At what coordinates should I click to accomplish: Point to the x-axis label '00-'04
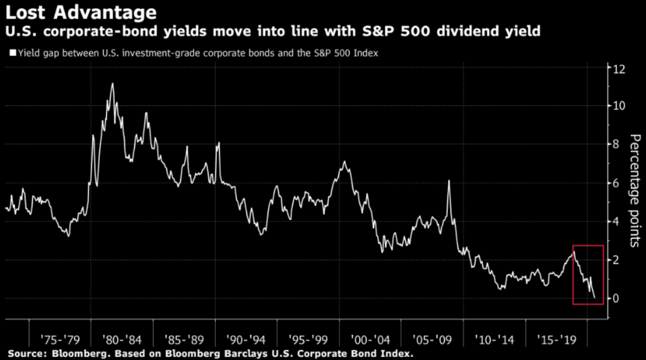point(368,329)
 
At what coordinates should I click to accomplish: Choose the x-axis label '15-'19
point(554,329)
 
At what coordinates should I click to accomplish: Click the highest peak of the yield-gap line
point(112,84)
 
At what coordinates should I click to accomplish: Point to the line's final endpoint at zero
point(594,298)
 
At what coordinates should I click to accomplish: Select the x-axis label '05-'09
point(430,329)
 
